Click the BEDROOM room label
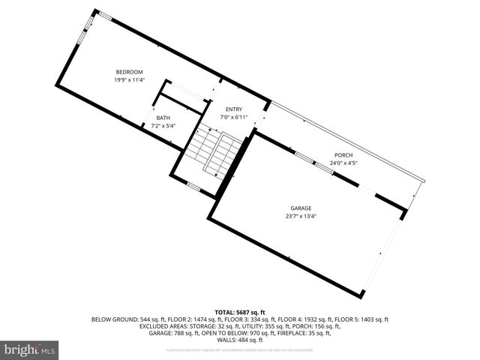click(129, 72)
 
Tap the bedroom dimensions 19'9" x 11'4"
click(129, 79)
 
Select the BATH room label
click(163, 118)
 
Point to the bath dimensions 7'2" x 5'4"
click(163, 126)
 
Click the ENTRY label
click(234, 109)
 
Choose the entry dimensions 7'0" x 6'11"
click(234, 117)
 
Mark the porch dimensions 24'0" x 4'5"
click(343, 163)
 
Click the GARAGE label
click(301, 208)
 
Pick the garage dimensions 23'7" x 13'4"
click(301, 216)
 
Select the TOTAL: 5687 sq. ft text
click(240, 311)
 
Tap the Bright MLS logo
click(30, 349)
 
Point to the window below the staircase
click(193, 186)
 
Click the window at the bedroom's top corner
click(105, 16)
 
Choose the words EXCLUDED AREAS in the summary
click(163, 326)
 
